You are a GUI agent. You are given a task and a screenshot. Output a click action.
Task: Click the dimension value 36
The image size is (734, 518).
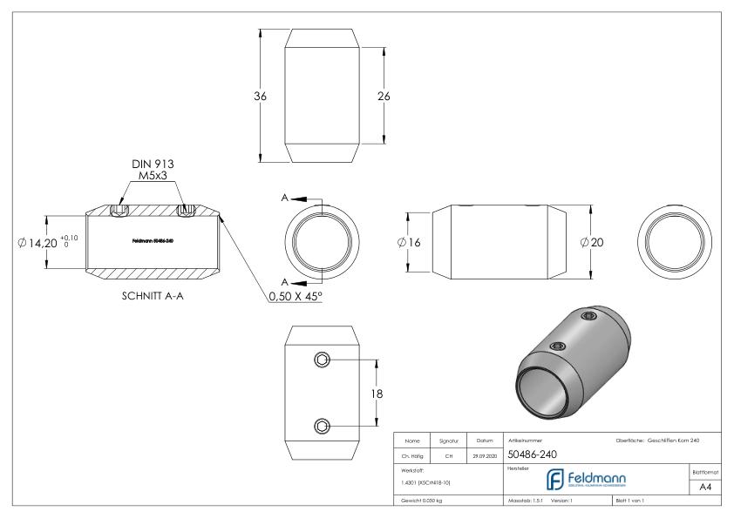tap(260, 96)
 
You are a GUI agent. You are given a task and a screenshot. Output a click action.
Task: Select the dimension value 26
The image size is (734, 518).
tap(383, 96)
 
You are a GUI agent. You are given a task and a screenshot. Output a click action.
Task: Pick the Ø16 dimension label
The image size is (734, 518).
tap(409, 242)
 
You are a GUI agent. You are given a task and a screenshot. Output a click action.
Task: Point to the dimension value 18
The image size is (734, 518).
tap(378, 394)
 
